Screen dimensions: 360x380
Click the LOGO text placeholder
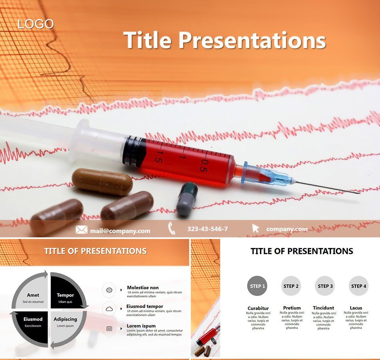36,24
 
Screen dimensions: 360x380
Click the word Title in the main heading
147,40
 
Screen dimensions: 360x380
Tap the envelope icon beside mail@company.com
81,230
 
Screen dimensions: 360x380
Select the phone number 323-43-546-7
207,229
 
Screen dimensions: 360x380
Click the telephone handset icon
172,229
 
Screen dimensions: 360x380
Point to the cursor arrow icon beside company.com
256,229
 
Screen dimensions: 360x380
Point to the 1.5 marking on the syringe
158,157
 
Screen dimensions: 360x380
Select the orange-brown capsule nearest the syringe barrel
102,182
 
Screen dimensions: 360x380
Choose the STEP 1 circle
257,286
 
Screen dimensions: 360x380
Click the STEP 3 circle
325,286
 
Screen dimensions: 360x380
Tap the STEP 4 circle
359,286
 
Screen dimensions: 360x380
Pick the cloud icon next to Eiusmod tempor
109,309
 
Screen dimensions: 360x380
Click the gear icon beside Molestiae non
109,290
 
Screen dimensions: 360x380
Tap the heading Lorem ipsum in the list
141,326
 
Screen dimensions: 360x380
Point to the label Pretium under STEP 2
292,308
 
